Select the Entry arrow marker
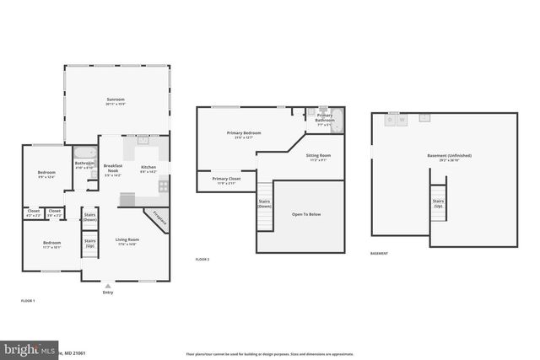pos(107,286)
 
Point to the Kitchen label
pos(148,167)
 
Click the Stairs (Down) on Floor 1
pos(89,217)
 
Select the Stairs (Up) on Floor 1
pos(89,243)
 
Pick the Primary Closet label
pos(226,179)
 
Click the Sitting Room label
pos(318,156)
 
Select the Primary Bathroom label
pos(325,118)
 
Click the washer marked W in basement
pos(402,120)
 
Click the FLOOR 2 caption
pos(202,259)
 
